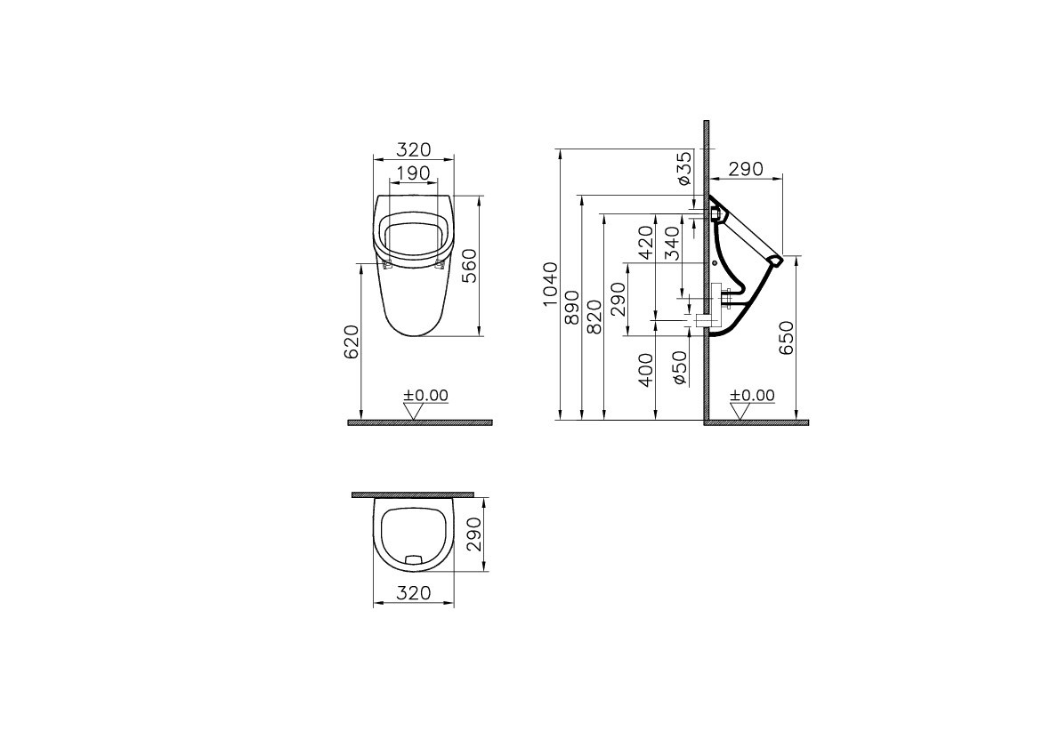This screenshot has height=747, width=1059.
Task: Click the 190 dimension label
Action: point(413,173)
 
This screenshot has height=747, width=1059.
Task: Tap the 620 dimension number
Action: point(352,341)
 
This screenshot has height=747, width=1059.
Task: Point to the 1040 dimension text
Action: point(551,284)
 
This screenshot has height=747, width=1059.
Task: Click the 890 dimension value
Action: point(572,307)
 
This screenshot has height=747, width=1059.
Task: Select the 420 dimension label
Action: point(646,243)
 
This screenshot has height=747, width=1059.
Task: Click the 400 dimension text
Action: point(646,369)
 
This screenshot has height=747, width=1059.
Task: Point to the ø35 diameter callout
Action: point(683,168)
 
